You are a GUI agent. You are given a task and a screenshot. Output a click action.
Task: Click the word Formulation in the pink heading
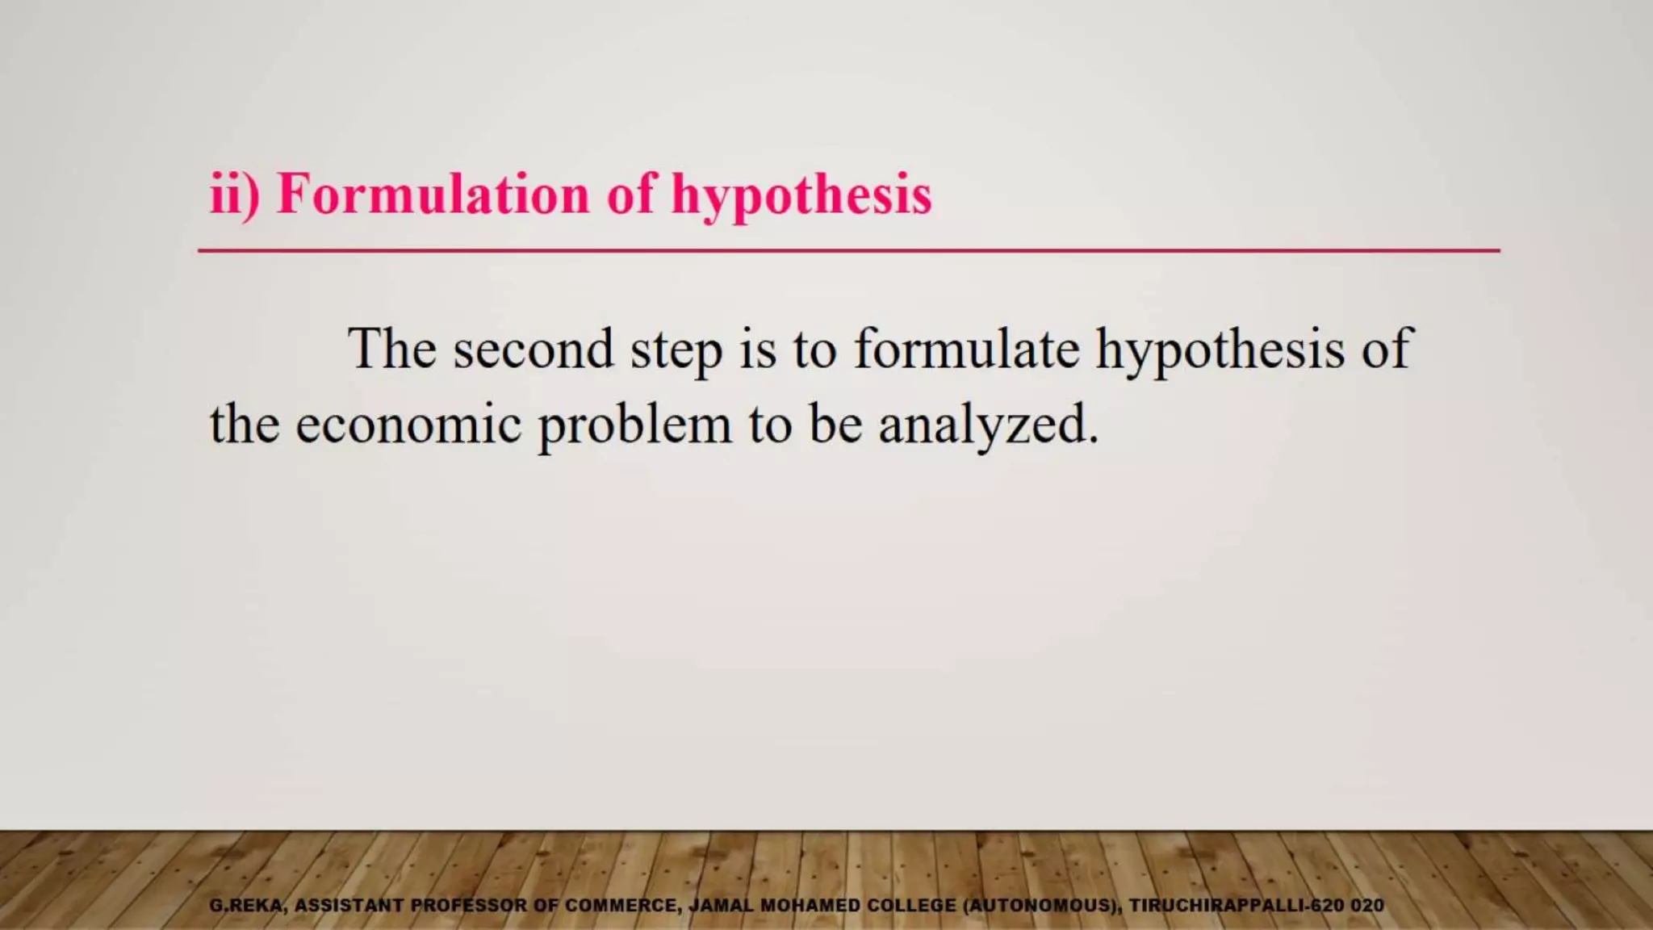point(433,195)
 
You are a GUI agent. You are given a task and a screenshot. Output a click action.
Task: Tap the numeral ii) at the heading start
point(234,195)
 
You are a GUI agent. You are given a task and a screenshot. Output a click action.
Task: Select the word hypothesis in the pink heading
point(801,196)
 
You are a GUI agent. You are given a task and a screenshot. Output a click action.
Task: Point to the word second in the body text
point(533,350)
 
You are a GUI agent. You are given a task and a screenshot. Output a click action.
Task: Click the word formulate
point(966,349)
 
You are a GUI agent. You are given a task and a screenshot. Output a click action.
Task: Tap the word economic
point(408,425)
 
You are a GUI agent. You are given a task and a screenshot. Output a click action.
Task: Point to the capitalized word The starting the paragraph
point(391,349)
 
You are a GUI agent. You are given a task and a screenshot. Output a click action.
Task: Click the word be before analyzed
point(835,425)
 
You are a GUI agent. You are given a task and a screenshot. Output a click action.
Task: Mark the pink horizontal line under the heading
point(848,251)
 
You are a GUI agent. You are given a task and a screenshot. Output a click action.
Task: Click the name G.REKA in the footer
point(247,906)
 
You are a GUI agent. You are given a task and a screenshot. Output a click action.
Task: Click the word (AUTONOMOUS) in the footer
point(1042,906)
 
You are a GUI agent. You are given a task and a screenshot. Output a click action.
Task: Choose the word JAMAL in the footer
point(721,906)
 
